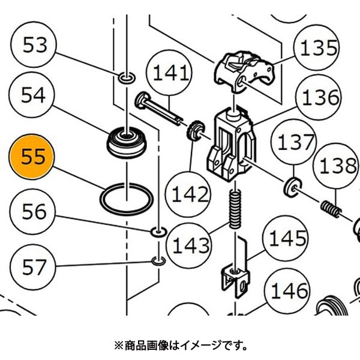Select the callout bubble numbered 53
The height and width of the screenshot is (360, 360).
pos(34,46)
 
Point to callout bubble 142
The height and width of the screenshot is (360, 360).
pos(190,194)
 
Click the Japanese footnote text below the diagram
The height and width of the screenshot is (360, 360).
pos(180,346)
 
